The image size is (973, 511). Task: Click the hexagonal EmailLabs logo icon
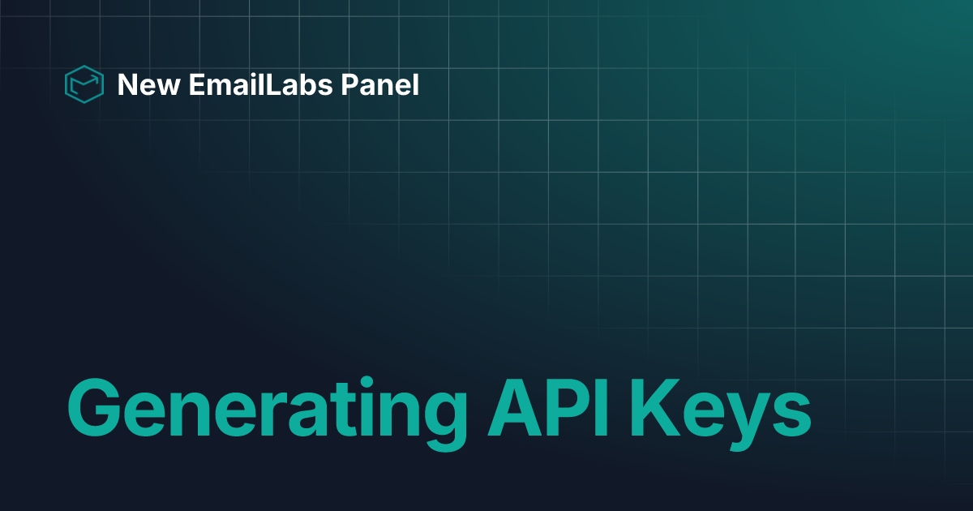coord(84,84)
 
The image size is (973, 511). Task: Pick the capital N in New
coord(126,84)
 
